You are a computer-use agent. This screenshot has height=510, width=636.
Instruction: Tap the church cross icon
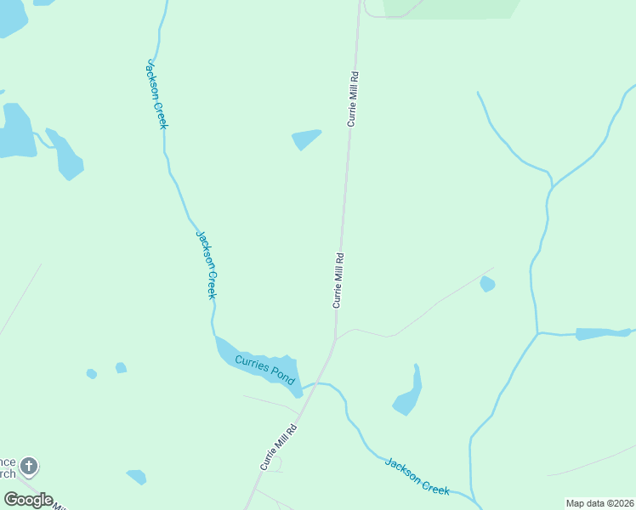(29, 466)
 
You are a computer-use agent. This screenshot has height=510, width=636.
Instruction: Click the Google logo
(28, 500)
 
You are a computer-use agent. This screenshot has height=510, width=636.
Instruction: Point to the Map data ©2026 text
(599, 503)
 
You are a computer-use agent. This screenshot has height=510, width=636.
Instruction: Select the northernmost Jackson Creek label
(157, 93)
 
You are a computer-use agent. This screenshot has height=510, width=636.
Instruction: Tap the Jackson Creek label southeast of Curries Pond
(417, 475)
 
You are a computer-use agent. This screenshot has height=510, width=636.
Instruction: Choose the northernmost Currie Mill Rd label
(353, 99)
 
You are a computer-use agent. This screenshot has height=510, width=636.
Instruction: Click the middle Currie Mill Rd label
(338, 280)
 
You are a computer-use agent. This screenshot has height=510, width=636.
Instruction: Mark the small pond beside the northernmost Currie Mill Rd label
(305, 138)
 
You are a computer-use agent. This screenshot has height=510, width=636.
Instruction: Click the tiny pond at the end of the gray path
(487, 284)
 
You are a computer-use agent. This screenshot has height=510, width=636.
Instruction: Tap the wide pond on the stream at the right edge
(602, 333)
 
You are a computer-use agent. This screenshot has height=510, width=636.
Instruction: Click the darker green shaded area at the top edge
(451, 8)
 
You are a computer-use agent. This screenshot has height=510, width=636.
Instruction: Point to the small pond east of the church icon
(136, 477)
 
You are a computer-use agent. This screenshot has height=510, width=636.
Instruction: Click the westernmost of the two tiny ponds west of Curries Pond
(91, 373)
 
